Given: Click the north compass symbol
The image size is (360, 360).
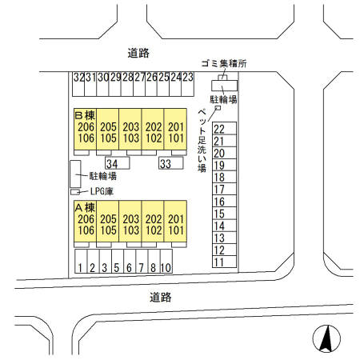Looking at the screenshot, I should coord(325,338).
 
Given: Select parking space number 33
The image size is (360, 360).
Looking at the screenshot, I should coord(166,164).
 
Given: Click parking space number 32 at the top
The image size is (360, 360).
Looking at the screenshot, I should coord(78,78).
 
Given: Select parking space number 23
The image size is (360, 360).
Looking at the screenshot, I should coord(188,78).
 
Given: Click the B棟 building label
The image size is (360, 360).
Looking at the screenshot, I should coord(86,114).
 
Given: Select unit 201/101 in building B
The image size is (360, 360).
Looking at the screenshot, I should coord(176,132).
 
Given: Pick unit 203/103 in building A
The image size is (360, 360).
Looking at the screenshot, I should coord(131,225).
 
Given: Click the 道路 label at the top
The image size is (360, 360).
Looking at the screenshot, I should coord(139,53).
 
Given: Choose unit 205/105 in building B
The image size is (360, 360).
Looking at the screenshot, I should coord(109,132).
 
